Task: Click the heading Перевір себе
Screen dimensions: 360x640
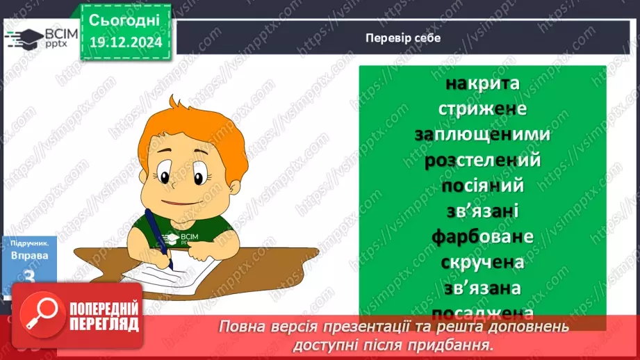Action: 403,38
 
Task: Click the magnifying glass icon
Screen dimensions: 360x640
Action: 42,316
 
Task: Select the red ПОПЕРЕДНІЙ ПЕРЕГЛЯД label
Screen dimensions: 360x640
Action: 104,316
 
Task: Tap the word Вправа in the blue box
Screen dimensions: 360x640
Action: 30,255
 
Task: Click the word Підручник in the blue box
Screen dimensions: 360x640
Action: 30,244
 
